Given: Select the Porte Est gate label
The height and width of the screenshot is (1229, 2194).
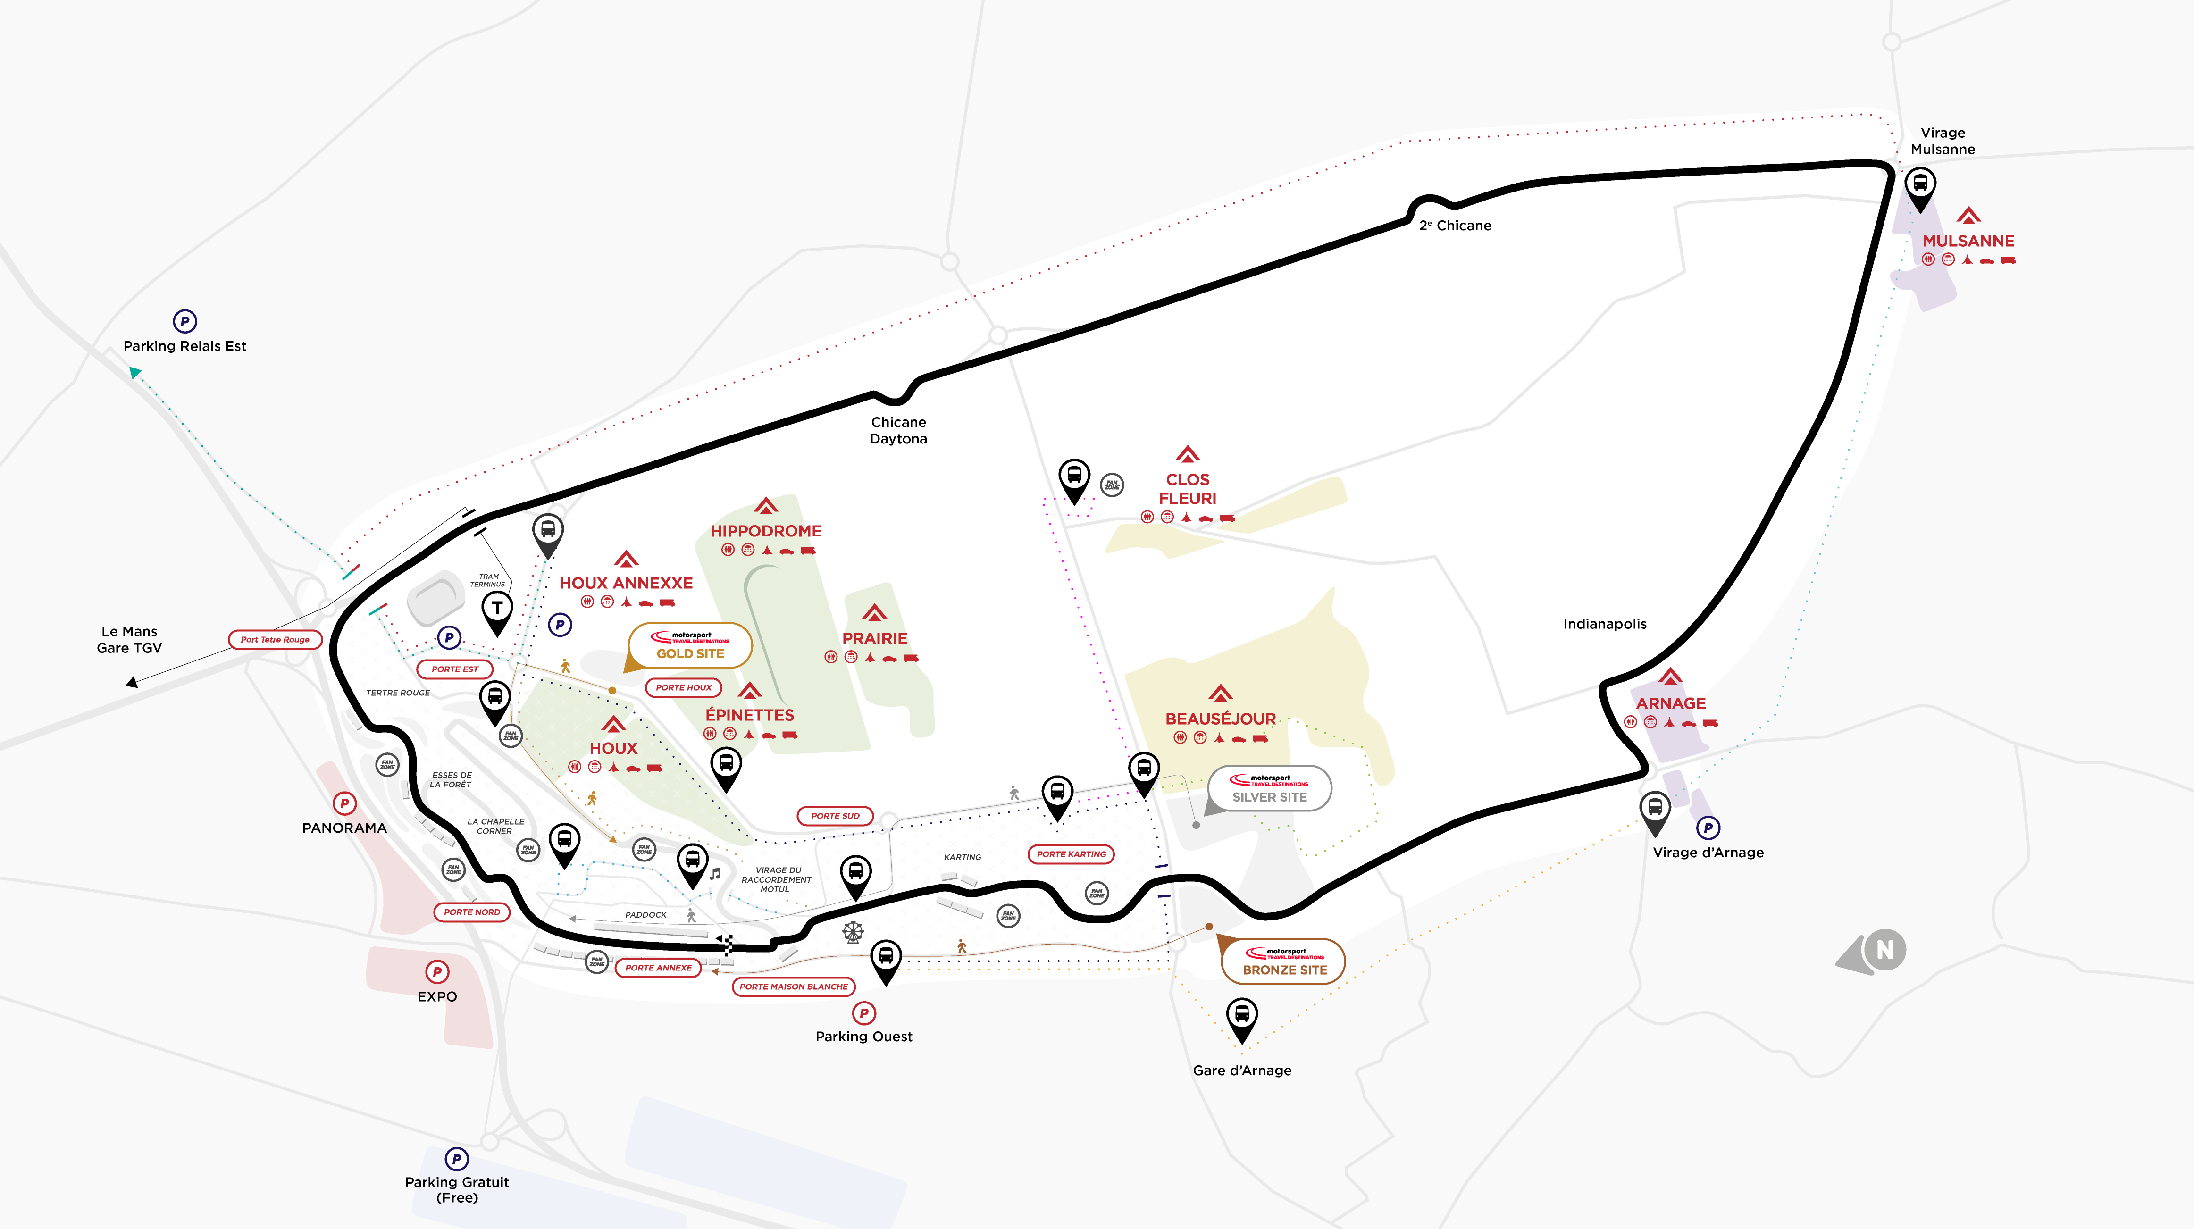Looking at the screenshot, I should coord(455,669).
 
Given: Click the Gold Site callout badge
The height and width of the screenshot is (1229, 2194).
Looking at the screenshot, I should coord(690,645).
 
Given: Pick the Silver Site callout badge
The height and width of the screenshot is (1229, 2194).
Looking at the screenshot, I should coord(1269,789).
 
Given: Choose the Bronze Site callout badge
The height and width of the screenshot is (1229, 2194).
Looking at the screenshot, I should coord(1283,961).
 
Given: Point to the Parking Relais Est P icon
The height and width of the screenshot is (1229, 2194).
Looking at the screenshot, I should coord(185,321).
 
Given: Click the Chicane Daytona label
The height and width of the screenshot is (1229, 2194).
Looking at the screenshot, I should coord(898,430).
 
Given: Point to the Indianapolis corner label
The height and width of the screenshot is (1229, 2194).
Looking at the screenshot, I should coord(1605,624).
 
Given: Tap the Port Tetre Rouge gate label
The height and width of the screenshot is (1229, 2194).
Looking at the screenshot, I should coord(275,640).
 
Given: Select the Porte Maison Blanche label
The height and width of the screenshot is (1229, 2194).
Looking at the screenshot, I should coord(794,986).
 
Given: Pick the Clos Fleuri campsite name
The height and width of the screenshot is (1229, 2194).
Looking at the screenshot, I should coord(1187,489).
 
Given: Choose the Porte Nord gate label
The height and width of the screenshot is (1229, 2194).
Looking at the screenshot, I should coord(472,912).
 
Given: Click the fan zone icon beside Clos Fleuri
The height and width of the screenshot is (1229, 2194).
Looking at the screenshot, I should coord(1112,485).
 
